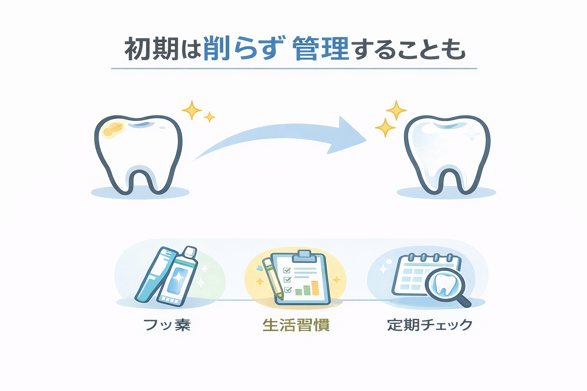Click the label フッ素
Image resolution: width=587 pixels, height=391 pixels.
click(167, 325)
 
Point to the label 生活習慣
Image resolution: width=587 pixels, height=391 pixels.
click(296, 325)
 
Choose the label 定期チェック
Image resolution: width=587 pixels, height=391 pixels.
click(430, 325)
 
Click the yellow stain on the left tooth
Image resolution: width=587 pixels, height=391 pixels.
click(113, 128)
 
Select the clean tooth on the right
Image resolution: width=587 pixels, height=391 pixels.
click(447, 153)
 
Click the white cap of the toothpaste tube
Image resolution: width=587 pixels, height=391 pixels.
click(190, 252)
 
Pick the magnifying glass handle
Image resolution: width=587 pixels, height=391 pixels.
click(464, 301)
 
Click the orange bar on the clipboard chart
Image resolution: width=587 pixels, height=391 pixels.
click(315, 288)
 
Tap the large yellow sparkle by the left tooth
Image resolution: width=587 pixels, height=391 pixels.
click(191, 110)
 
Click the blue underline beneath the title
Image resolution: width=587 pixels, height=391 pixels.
click(294, 68)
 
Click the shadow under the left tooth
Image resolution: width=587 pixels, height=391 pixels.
click(140, 192)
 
